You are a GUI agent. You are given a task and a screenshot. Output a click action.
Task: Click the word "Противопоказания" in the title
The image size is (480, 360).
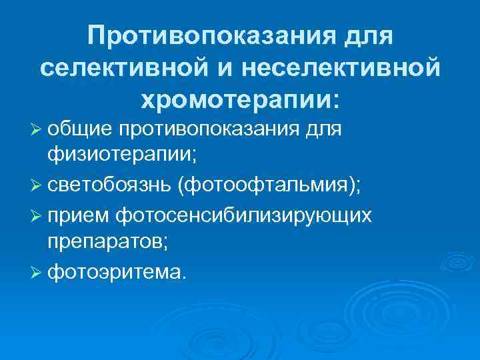click(213, 35)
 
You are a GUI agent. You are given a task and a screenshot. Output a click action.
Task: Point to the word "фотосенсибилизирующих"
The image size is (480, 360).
click(243, 215)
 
